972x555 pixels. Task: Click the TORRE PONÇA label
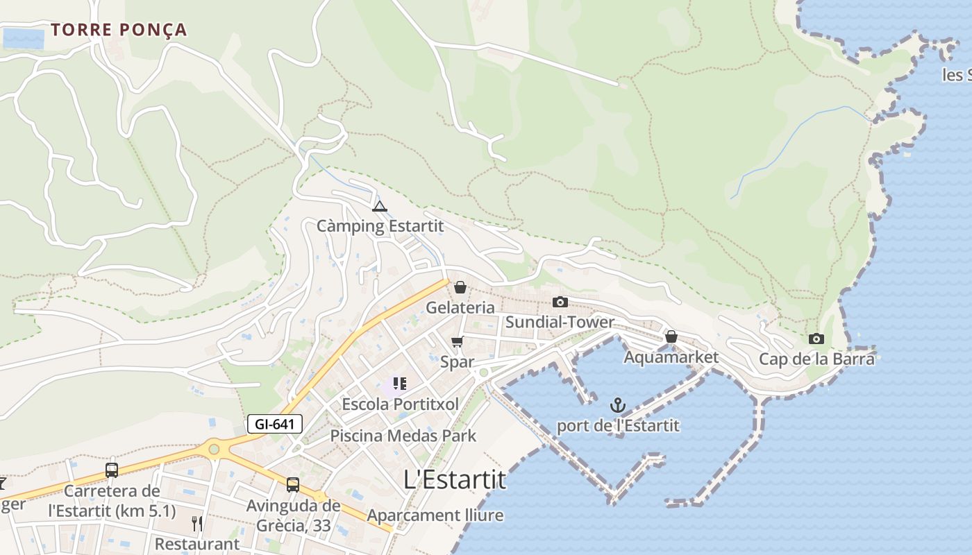click(x=119, y=30)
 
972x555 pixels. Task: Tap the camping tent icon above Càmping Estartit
click(x=379, y=206)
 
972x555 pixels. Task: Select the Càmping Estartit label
click(x=380, y=226)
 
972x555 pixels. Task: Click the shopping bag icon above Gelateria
click(x=460, y=287)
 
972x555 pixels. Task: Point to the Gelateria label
click(x=460, y=307)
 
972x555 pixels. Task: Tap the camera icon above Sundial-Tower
click(x=560, y=302)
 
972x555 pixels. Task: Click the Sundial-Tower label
click(x=560, y=322)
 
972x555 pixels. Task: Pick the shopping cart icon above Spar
click(x=457, y=341)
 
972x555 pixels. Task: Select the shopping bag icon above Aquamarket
click(x=671, y=336)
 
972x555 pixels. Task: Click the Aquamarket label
click(x=671, y=357)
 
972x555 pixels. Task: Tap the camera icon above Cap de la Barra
click(x=816, y=339)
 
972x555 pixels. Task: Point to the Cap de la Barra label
click(x=816, y=359)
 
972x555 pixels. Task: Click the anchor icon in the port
click(x=617, y=405)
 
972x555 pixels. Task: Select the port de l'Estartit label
click(x=618, y=425)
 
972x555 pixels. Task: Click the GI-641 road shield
click(x=275, y=424)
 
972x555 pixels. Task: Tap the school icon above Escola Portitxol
click(x=399, y=383)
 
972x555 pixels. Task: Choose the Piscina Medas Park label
click(x=403, y=436)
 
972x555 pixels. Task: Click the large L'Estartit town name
click(x=455, y=479)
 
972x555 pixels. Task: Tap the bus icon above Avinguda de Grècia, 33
click(x=293, y=484)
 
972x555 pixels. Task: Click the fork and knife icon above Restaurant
click(x=197, y=523)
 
